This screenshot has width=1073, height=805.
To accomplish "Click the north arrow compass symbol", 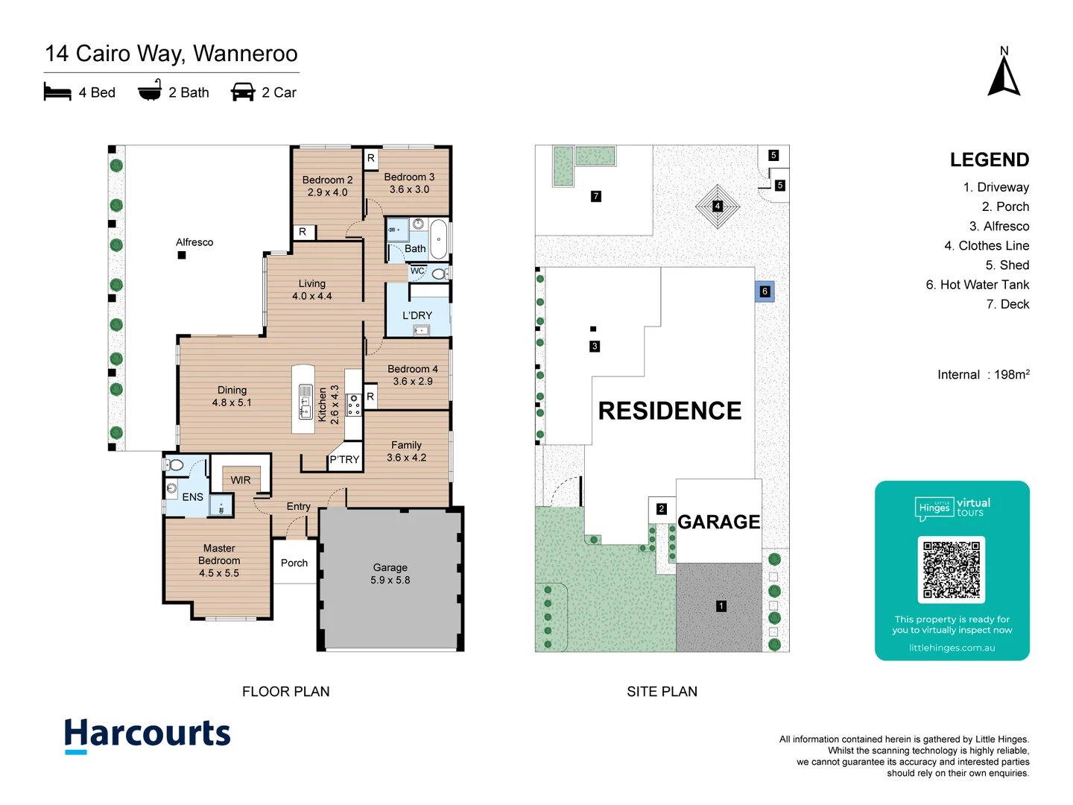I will click(x=1004, y=75).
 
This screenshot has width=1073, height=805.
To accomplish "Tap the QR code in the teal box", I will click(x=952, y=569).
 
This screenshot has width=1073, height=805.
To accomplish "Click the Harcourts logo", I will click(x=148, y=735).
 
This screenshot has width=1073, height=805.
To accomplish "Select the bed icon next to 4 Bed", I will click(x=57, y=92).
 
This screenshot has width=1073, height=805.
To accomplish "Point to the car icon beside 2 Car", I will click(x=243, y=92).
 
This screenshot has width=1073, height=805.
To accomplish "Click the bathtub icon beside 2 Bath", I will click(x=150, y=92).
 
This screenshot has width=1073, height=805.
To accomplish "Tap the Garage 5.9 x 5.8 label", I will click(x=390, y=574).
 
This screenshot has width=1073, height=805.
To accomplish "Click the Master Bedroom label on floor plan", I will click(x=219, y=561).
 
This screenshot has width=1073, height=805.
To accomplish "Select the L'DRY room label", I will click(x=417, y=315).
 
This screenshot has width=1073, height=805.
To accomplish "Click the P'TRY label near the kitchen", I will click(x=344, y=460).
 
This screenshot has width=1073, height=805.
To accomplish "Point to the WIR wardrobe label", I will click(x=241, y=480).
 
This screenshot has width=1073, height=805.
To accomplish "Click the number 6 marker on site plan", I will click(x=765, y=291).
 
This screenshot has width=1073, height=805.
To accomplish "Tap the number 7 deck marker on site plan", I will click(x=595, y=197).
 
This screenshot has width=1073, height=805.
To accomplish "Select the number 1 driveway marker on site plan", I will click(x=721, y=606).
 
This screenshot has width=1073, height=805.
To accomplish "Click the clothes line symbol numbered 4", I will click(x=717, y=206).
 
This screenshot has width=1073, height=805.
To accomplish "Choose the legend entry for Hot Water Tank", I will click(x=977, y=285).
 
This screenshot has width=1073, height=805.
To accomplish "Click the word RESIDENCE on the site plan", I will click(x=669, y=411).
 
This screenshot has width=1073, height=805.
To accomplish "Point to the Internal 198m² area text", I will click(x=983, y=375).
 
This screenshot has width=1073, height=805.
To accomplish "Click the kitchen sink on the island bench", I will click(x=306, y=401).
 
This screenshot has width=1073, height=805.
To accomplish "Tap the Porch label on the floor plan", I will click(x=294, y=563).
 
